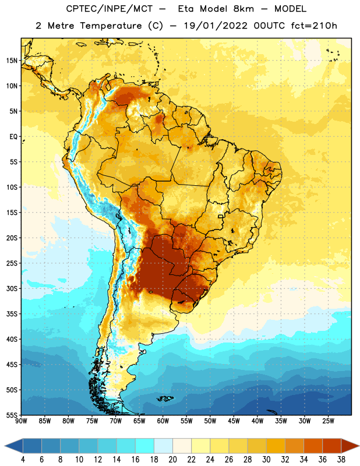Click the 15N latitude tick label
pyautogui.click(x=12, y=61)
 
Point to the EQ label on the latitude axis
pyautogui.click(x=13, y=137)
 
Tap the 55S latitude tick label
pyautogui.click(x=12, y=415)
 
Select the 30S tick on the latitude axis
pyautogui.click(x=12, y=288)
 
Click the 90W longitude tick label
pyautogui.click(x=21, y=421)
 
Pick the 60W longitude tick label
pyautogui.click(x=163, y=421)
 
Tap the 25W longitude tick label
pyautogui.click(x=328, y=421)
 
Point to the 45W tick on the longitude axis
pyautogui.click(x=234, y=421)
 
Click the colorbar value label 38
pyautogui.click(x=341, y=460)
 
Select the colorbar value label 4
pyautogui.click(x=23, y=460)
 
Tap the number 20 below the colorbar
pyautogui.click(x=172, y=460)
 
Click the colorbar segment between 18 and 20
pyautogui.click(x=163, y=446)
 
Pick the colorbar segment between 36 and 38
pyautogui.click(x=332, y=446)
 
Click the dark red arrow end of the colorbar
pyautogui.click(x=350, y=446)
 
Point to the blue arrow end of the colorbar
pyautogui.click(x=14, y=446)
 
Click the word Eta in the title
pyautogui.click(x=186, y=9)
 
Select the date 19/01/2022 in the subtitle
pyautogui.click(x=215, y=26)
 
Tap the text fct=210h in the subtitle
pyautogui.click(x=314, y=26)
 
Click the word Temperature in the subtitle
pyautogui.click(x=111, y=26)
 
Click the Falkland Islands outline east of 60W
pyautogui.click(x=165, y=398)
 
